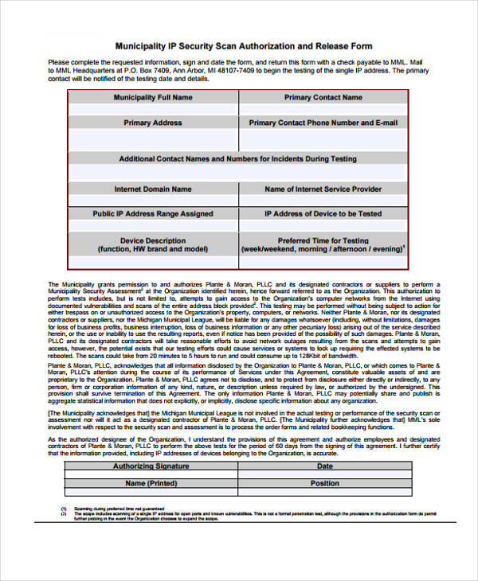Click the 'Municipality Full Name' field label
tap(153, 97)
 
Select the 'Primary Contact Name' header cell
tap(323, 97)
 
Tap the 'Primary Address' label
tap(153, 123)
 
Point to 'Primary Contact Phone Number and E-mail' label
tap(323, 123)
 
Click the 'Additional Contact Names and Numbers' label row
tap(237, 158)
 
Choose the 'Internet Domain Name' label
tap(153, 189)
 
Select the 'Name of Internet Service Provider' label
tap(323, 189)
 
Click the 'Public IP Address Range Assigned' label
tap(153, 213)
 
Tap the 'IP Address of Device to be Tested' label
tap(323, 213)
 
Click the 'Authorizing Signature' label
tap(151, 466)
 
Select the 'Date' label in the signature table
tap(325, 466)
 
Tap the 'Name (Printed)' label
tap(151, 483)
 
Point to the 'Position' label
tap(325, 483)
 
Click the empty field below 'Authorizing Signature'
tap(151, 474)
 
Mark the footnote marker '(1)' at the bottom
tap(64, 508)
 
